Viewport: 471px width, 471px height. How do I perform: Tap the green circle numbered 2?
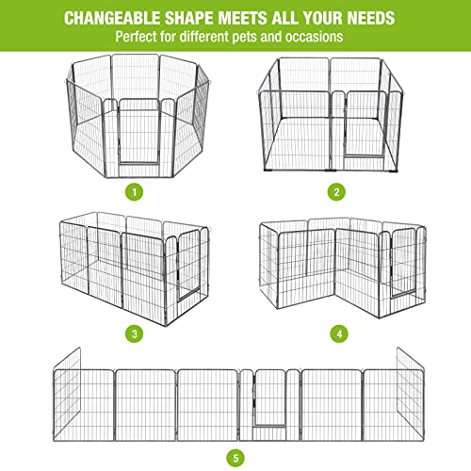tap(334, 191)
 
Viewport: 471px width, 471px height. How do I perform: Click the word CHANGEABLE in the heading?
tap(120, 18)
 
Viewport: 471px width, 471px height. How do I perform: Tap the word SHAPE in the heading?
tap(209, 18)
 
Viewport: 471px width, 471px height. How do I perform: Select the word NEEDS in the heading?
tap(367, 18)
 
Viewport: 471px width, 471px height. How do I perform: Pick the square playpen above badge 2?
tap(334, 113)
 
